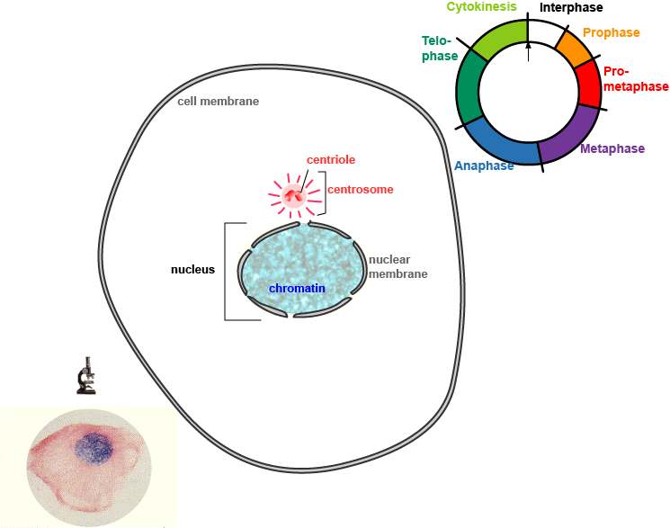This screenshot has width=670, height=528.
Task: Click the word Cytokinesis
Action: tap(481, 7)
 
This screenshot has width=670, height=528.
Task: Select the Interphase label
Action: tap(570, 8)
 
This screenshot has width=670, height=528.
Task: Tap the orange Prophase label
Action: tap(611, 33)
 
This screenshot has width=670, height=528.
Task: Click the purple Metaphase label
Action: tap(612, 148)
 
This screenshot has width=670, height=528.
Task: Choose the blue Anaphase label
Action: tap(484, 166)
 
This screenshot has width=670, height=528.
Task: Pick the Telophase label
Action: tap(439, 49)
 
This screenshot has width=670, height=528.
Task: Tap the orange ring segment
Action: tap(570, 48)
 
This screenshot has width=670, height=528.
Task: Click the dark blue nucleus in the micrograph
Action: tap(91, 447)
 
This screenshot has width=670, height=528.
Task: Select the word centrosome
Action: tap(360, 190)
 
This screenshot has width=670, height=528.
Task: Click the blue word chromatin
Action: tap(297, 289)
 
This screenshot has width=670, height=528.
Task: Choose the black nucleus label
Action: tap(192, 269)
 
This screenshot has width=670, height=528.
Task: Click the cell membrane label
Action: tap(218, 102)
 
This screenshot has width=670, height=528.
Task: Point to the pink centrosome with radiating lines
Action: tap(293, 195)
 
